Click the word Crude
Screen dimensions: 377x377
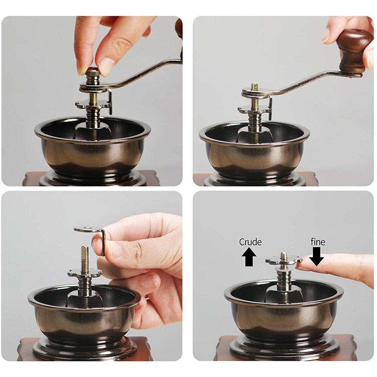point(250,242)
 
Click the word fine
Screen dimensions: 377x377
point(318,242)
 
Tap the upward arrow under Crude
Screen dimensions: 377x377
point(249,257)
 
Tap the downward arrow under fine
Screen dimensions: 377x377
point(316,257)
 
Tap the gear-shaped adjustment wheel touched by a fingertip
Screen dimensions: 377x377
point(284,260)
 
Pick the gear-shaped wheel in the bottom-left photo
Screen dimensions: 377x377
point(85,273)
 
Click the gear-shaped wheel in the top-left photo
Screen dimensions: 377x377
point(93,104)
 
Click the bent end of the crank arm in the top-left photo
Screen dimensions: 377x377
point(110,101)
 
